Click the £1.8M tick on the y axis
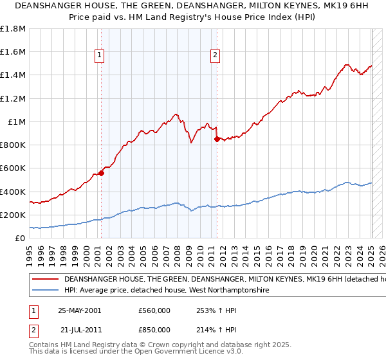coord(13,28)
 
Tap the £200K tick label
coord(13,215)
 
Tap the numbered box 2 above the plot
coord(215,56)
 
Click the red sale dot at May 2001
coord(102,173)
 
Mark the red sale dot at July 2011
coord(217,139)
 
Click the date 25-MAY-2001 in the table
coord(80,310)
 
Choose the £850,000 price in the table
coord(154,329)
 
